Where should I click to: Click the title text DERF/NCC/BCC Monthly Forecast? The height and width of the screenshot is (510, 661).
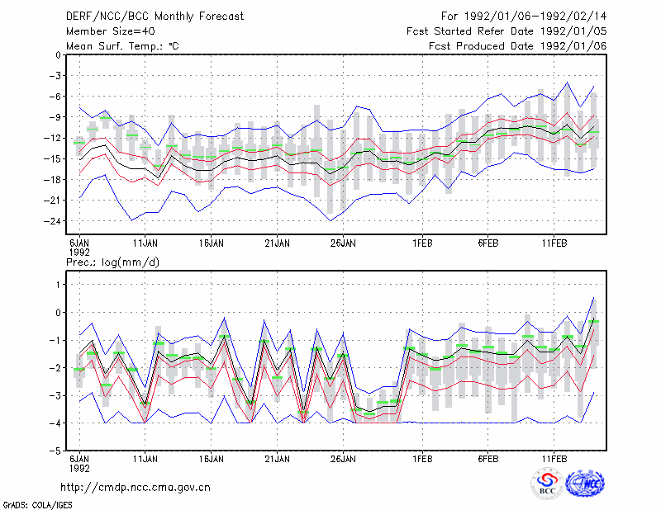[x=155, y=17]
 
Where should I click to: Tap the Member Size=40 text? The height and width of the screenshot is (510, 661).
[x=111, y=31]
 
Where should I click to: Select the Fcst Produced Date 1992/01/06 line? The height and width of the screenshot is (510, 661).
[x=517, y=46]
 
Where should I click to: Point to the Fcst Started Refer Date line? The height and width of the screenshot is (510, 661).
[x=506, y=31]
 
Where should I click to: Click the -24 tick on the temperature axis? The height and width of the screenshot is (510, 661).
[x=52, y=221]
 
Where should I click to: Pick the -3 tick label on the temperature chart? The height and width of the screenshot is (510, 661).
[x=55, y=76]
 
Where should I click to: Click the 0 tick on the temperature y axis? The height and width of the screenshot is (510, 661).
[x=58, y=55]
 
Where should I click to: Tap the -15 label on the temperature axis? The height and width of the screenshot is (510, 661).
[x=52, y=158]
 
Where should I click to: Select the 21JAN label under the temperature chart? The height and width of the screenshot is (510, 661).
[x=278, y=243]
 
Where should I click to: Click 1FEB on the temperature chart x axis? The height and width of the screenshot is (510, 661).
[x=422, y=243]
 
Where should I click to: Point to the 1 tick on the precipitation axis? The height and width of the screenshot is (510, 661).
[x=58, y=285]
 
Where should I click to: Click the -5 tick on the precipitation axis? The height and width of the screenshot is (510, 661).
[x=55, y=451]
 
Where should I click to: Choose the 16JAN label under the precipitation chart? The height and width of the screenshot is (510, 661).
[x=212, y=459]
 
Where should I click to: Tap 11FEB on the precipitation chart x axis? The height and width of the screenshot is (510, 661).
[x=554, y=459]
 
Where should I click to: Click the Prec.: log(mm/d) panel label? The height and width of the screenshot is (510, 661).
[x=112, y=262]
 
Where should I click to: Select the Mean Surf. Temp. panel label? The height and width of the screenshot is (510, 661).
[x=122, y=46]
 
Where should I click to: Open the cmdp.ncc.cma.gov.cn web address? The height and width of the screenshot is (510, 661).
[x=136, y=488]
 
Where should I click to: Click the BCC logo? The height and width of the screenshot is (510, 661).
[x=547, y=484]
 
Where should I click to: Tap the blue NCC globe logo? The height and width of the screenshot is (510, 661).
[x=585, y=484]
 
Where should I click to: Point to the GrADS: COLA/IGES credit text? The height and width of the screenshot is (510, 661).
[x=37, y=505]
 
